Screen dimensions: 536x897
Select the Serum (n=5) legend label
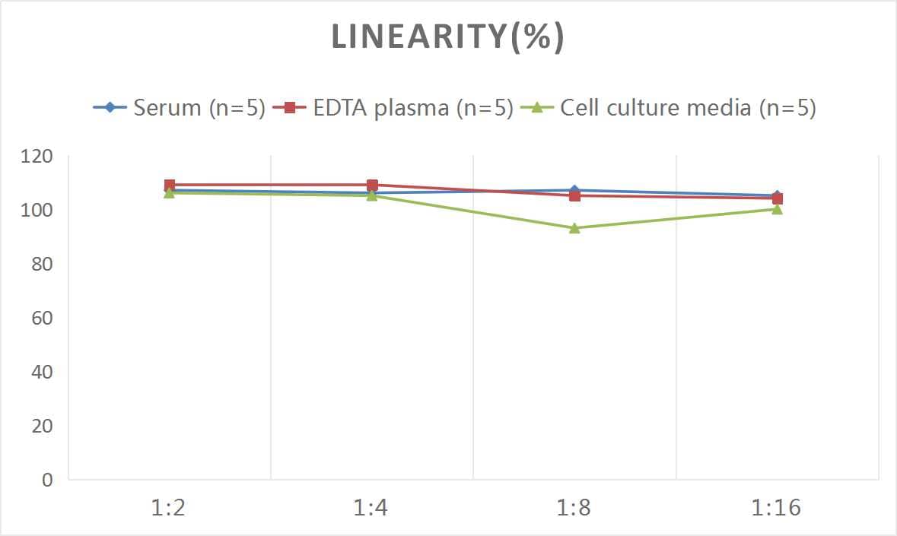(x=199, y=108)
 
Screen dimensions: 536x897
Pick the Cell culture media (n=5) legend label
(x=688, y=108)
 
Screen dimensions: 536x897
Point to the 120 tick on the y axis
(x=37, y=157)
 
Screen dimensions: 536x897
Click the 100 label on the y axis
(x=37, y=210)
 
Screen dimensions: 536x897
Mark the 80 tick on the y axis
(x=41, y=264)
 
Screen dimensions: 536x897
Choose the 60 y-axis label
(x=41, y=318)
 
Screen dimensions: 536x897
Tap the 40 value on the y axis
(x=41, y=372)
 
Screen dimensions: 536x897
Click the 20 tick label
(x=41, y=426)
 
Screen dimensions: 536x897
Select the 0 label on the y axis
(x=47, y=480)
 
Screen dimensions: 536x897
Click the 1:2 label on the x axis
(x=169, y=508)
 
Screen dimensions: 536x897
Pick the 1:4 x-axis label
(x=371, y=508)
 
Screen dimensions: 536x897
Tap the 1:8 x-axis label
(x=574, y=508)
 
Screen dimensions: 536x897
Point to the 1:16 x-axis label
(x=777, y=508)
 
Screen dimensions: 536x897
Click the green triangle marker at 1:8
(x=574, y=228)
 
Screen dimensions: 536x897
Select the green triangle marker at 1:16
(x=777, y=209)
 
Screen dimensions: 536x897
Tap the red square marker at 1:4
(x=372, y=185)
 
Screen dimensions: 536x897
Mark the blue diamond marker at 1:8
(x=574, y=190)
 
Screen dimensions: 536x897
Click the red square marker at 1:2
(x=170, y=185)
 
